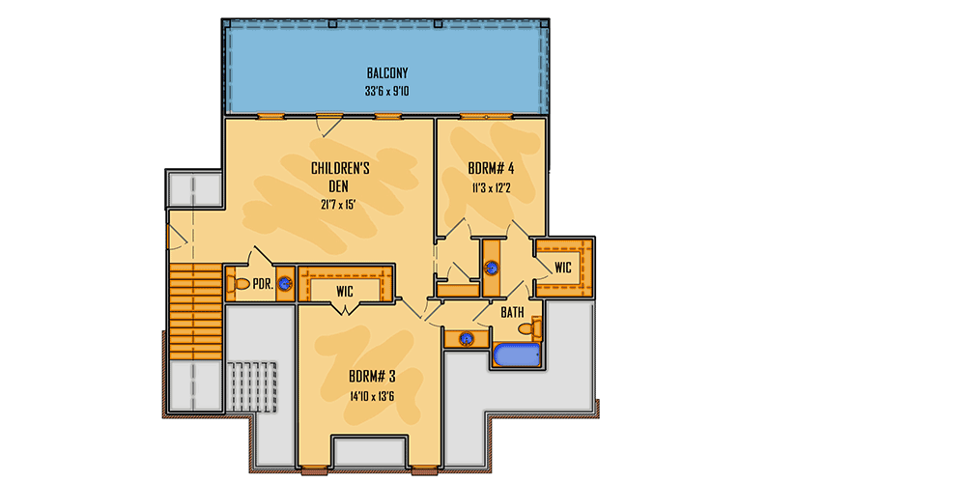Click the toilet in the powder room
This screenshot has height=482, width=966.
click(x=238, y=285)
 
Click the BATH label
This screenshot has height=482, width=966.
click(x=512, y=313)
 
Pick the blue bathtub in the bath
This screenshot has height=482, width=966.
click(x=517, y=355)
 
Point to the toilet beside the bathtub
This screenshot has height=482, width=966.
click(x=527, y=329)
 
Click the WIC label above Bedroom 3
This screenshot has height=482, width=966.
click(x=345, y=290)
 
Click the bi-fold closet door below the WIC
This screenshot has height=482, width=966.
click(x=345, y=309)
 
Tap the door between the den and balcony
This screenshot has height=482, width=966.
click(x=328, y=122)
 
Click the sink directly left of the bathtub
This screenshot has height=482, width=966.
click(x=468, y=339)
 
